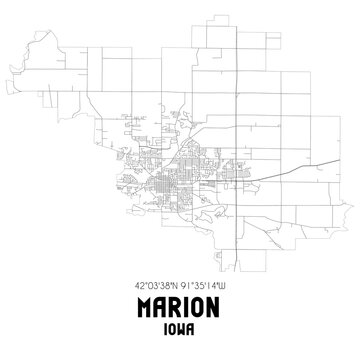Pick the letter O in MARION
click(204, 306)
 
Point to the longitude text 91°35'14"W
click(212, 283)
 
